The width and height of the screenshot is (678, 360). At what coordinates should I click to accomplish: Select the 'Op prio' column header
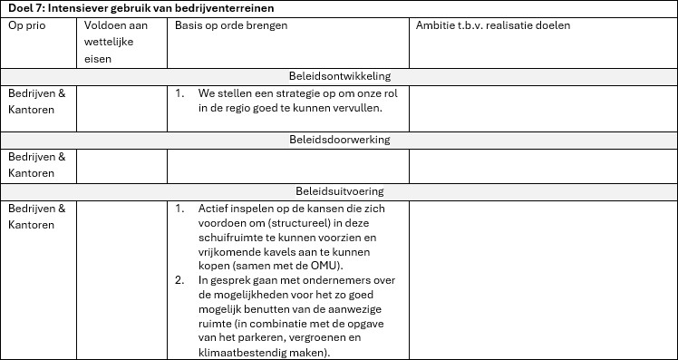[26, 25]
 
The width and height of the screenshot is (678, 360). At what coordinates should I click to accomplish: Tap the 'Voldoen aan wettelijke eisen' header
[115, 42]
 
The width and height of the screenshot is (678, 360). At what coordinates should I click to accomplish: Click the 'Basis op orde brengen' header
[231, 25]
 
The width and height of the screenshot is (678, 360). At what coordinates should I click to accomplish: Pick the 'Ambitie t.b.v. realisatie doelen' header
[493, 25]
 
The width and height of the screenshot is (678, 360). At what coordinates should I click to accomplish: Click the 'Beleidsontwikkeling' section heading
[339, 77]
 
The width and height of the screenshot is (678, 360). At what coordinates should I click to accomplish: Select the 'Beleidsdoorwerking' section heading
[339, 140]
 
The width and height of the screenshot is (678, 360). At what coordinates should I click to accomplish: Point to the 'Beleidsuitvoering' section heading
[339, 191]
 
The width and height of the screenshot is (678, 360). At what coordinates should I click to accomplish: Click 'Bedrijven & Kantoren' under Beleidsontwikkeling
[36, 101]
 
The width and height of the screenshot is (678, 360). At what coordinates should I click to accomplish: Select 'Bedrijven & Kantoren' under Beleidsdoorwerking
[36, 164]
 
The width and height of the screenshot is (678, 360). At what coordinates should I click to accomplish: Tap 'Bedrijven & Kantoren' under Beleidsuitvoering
[36, 216]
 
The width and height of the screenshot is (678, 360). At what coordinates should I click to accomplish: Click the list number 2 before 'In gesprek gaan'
[179, 281]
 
